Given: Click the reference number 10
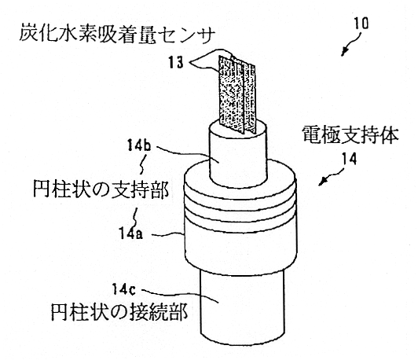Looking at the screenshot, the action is point(361,24).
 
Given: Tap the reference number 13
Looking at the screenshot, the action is point(176,63).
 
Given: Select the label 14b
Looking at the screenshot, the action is point(138,145).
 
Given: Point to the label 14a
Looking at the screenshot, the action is point(131,233).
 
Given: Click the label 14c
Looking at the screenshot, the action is point(123,289).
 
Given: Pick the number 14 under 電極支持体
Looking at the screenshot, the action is point(349,160).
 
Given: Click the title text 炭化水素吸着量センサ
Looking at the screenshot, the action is point(117,34).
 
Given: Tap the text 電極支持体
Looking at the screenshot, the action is point(350,135).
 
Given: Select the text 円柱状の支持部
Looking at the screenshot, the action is point(101,189).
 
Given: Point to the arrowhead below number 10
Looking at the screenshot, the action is point(344,53).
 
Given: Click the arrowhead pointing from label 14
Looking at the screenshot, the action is point(323,182).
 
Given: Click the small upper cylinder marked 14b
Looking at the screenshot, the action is point(238,160).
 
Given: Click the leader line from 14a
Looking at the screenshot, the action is point(168,234).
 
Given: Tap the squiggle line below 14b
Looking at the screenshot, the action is point(143,164).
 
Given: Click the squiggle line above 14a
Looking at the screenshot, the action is point(135,217).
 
